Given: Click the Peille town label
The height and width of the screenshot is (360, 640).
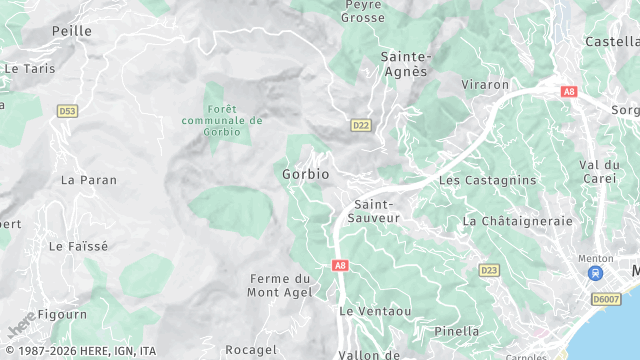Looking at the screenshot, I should click(x=71, y=31).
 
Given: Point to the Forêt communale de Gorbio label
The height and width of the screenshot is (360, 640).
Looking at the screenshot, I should click(x=222, y=120).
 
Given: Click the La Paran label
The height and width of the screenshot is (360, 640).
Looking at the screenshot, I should click(x=88, y=180).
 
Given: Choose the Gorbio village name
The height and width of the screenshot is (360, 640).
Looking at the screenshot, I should click(x=305, y=173).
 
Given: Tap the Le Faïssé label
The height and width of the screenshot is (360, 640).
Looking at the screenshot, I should click(x=78, y=245).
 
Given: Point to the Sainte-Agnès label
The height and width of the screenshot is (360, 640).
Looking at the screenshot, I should click(x=405, y=63).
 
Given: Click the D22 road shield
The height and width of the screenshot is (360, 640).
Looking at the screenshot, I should click(x=361, y=125).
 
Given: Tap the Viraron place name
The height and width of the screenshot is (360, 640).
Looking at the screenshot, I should click(x=485, y=85).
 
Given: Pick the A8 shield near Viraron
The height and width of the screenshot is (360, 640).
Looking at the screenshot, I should click(x=569, y=91).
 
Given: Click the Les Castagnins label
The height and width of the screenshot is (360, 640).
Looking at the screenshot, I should click(x=488, y=180).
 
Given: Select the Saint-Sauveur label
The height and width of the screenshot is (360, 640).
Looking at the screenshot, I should click(x=373, y=210).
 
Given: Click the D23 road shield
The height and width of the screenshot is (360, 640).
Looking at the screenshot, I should click(x=489, y=270).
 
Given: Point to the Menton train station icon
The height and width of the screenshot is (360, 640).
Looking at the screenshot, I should click(x=596, y=273).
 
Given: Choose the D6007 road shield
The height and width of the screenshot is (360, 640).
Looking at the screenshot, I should click(x=606, y=298).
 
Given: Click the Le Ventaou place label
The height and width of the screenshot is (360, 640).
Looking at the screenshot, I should click(x=375, y=311).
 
